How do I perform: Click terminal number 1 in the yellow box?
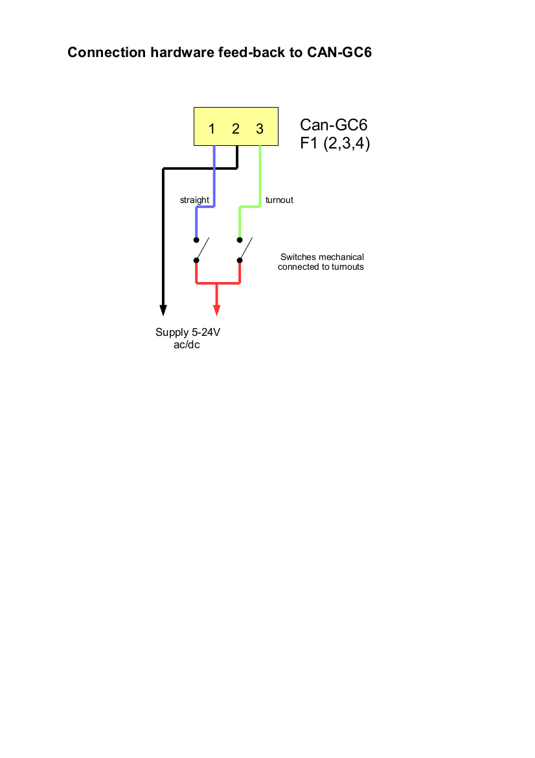(x=212, y=128)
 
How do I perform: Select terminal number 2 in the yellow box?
(x=236, y=128)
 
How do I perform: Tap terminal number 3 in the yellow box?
(x=260, y=128)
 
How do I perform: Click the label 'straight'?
(x=194, y=200)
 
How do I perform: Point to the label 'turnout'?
(x=279, y=200)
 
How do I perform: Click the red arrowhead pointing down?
(x=217, y=310)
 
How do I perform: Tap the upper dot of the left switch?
(x=196, y=239)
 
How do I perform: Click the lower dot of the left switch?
(x=196, y=261)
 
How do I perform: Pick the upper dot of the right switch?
(x=240, y=239)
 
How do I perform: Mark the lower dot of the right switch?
(x=240, y=261)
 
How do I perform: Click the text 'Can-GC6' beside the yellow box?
(x=334, y=124)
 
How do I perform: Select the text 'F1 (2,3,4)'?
(x=335, y=143)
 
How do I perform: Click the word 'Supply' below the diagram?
(x=172, y=333)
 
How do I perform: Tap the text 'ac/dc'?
(x=188, y=345)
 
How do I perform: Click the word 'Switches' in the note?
(x=298, y=257)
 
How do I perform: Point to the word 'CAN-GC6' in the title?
(x=339, y=53)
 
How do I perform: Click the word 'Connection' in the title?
(x=106, y=53)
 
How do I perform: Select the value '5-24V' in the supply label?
(x=207, y=333)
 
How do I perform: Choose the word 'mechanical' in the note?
(x=341, y=257)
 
